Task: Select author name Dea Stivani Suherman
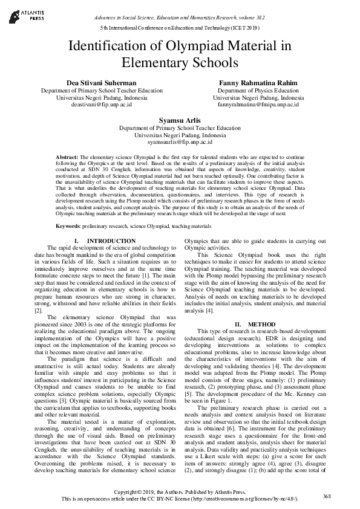[101, 82]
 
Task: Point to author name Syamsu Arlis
[180, 120]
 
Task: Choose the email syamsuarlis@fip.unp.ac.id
[180, 143]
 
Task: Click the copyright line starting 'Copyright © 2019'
[180, 493]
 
